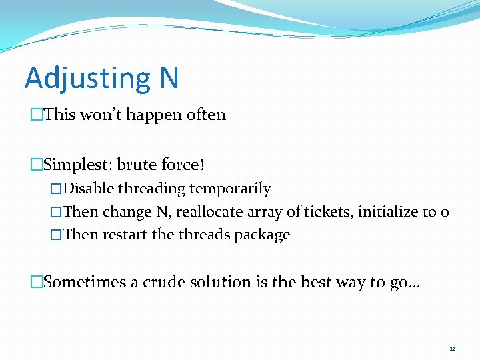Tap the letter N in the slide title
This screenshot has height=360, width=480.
point(169,77)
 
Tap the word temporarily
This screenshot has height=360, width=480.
point(230,189)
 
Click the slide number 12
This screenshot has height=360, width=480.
point(452,349)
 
